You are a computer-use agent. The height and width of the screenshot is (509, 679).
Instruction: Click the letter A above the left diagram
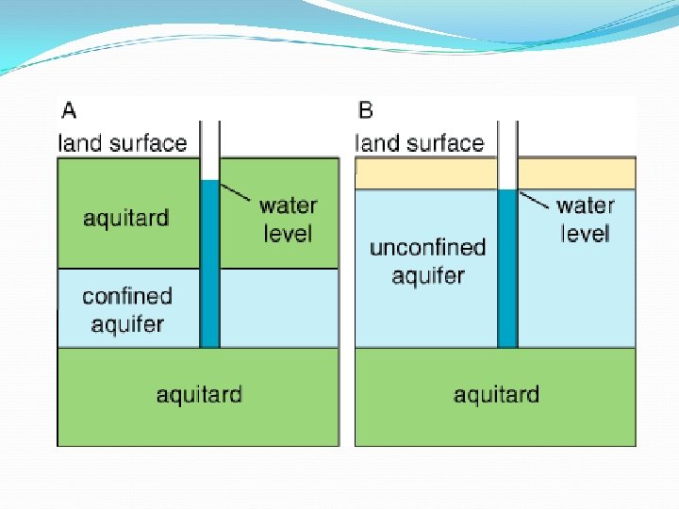click(x=69, y=110)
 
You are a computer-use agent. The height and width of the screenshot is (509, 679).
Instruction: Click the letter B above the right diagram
click(x=366, y=110)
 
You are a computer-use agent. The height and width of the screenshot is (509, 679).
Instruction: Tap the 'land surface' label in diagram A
click(x=123, y=143)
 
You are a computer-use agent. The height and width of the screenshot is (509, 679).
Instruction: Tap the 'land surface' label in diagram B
click(x=420, y=143)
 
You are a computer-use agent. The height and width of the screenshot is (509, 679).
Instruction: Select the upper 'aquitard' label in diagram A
click(x=126, y=219)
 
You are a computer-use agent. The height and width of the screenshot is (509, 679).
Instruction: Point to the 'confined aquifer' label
click(x=127, y=310)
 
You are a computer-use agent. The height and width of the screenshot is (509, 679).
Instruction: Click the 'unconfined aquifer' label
click(x=427, y=261)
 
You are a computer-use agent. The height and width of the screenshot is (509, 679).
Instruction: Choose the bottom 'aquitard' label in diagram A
click(x=199, y=394)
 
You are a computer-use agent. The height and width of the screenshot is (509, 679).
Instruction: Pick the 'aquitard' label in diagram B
click(x=496, y=394)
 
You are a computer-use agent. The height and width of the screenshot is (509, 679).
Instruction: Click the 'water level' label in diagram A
click(x=288, y=219)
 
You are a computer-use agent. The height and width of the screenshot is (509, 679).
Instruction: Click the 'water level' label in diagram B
click(x=586, y=219)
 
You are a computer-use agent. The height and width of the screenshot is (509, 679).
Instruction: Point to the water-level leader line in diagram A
click(x=236, y=192)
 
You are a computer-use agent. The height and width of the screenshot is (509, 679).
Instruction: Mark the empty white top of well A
click(x=209, y=151)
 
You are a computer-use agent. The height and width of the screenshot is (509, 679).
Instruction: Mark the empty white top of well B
click(x=507, y=156)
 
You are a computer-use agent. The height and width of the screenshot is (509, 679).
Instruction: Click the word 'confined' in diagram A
click(x=127, y=296)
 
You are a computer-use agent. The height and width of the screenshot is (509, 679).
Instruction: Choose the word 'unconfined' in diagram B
click(x=427, y=248)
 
